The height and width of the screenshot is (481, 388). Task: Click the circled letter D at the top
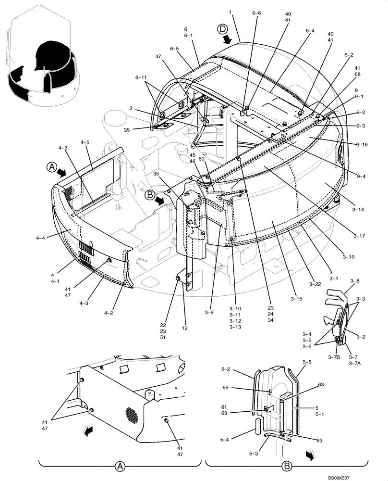point(223,29)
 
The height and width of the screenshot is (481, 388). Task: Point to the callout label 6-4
point(310,31)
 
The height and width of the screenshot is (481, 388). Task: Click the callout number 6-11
point(141,77)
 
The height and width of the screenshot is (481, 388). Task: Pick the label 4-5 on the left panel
point(85,142)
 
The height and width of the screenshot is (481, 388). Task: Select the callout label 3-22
point(315,284)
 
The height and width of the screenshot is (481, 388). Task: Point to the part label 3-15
point(296,299)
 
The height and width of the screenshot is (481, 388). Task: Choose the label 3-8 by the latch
point(355,280)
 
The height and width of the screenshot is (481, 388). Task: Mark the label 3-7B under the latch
point(334,357)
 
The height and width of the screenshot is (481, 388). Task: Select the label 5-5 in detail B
point(307,361)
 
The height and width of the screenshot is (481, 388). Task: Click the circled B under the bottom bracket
point(287,467)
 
